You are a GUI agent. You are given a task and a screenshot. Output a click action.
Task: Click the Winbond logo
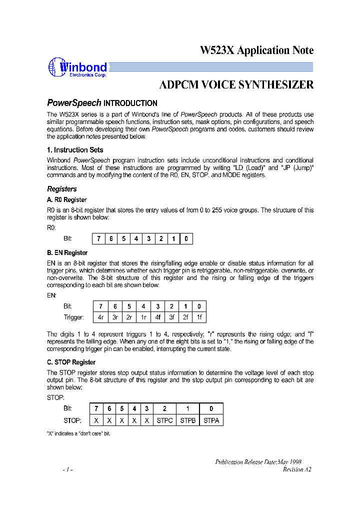pos(77,68)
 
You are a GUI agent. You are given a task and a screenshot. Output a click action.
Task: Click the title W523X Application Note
pos(256,50)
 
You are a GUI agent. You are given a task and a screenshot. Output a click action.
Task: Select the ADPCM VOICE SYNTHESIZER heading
pos(236,85)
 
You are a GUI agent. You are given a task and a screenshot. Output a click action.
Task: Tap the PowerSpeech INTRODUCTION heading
pos(102,103)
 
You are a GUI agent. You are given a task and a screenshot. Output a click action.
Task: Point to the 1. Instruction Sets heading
pos(75,150)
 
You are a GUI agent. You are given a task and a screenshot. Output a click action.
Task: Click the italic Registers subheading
pos(62,189)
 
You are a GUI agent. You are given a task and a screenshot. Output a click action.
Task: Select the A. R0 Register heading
pos(67,200)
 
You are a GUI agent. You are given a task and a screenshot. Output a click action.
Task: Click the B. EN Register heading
pos(67,253)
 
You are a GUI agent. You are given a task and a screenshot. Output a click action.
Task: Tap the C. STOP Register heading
pos(71,362)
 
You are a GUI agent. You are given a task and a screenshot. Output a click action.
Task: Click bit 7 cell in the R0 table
pos(99,239)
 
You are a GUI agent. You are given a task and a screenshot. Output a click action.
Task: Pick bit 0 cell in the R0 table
pos(186,239)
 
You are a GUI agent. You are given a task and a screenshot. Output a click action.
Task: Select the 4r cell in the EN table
pos(100,317)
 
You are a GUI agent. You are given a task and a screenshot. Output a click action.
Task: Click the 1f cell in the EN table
pos(199,317)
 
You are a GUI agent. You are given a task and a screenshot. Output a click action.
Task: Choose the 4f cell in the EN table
pos(157,317)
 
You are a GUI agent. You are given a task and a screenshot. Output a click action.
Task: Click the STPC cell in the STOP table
pos(164,420)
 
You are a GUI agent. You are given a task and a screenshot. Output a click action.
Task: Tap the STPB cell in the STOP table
pos(187,420)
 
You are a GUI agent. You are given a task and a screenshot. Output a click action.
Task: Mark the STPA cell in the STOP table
pos(211,420)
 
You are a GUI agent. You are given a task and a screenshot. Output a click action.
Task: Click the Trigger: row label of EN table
pos(73,317)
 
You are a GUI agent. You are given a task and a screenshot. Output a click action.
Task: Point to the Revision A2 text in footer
pos(296,469)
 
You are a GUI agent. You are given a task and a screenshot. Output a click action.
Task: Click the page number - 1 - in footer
pos(68,470)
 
